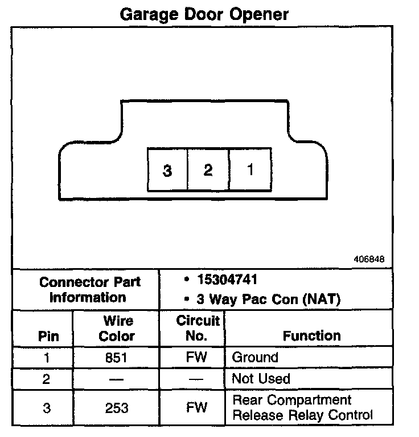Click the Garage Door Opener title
[x=204, y=14]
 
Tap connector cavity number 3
[x=167, y=170]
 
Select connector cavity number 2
[x=208, y=169]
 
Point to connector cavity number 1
[x=250, y=169]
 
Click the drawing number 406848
[x=369, y=259]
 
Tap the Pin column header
[x=48, y=335]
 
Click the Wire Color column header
[x=117, y=328]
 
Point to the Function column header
[x=311, y=335]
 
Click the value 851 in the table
[x=117, y=358]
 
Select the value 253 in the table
[x=117, y=408]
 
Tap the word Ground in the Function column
[x=254, y=358]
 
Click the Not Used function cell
[x=261, y=379]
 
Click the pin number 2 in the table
[x=48, y=379]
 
